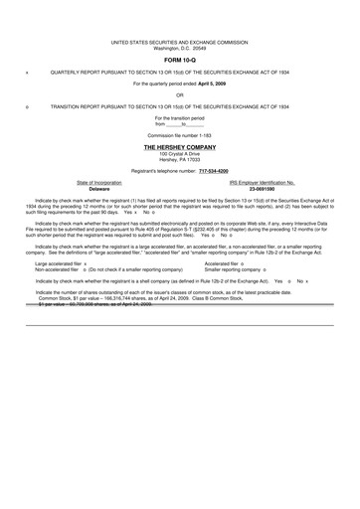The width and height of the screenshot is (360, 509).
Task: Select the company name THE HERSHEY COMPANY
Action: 179,146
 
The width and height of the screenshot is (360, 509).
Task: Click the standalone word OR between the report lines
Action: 179,96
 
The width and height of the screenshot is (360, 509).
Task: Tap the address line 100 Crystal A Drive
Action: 179,153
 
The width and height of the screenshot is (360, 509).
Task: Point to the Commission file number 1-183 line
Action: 179,134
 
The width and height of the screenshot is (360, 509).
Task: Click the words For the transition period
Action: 179,117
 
